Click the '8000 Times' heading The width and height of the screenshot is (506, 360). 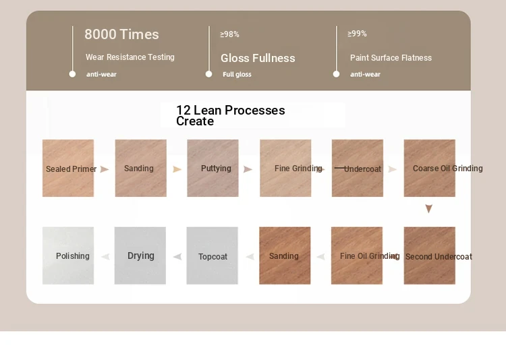tap(121, 34)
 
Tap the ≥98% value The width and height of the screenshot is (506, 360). tap(229, 34)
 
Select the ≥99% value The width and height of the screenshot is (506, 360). tap(357, 34)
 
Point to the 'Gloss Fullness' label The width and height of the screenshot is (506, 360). tap(258, 58)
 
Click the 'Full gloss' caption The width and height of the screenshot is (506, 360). tap(237, 75)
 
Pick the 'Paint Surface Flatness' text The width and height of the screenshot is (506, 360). tap(391, 58)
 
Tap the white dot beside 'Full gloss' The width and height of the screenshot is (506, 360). tap(208, 74)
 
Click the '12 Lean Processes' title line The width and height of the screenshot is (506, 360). tap(231, 110)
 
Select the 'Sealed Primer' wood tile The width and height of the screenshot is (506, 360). tap(68, 168)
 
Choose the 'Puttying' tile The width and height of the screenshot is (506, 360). tap(213, 168)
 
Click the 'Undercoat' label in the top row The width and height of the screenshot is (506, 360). tap(362, 169)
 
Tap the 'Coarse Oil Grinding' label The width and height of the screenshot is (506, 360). tap(447, 169)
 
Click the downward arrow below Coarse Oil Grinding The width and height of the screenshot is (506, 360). tap(428, 209)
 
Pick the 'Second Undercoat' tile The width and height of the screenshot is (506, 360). tap(430, 256)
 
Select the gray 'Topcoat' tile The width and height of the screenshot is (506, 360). tap(212, 256)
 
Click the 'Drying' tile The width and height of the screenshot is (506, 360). tap(140, 256)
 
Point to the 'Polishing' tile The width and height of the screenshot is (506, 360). tap(68, 256)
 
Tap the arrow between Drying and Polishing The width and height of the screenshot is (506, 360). tap(105, 257)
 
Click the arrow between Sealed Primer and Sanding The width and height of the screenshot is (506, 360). tap(104, 169)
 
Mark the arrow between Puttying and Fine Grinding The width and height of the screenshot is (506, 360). tap(248, 169)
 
